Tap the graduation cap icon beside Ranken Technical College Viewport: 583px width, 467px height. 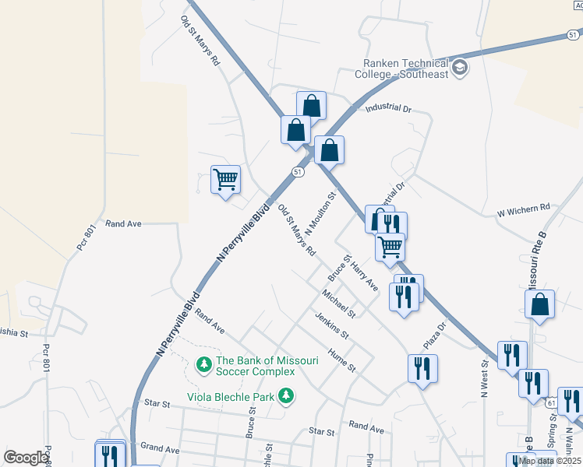[460, 68]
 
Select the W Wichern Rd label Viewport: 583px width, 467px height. [524, 208]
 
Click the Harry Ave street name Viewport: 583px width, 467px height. [364, 277]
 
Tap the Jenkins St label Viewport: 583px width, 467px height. [331, 326]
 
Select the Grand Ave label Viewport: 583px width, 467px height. [159, 449]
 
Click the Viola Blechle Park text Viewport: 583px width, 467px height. [231, 395]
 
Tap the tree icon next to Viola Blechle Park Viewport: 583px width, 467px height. [287, 395]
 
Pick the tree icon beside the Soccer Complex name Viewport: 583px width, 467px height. [203, 363]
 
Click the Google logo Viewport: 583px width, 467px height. [26, 458]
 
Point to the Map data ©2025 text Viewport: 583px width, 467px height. [549, 461]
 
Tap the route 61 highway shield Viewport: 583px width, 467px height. [551, 402]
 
